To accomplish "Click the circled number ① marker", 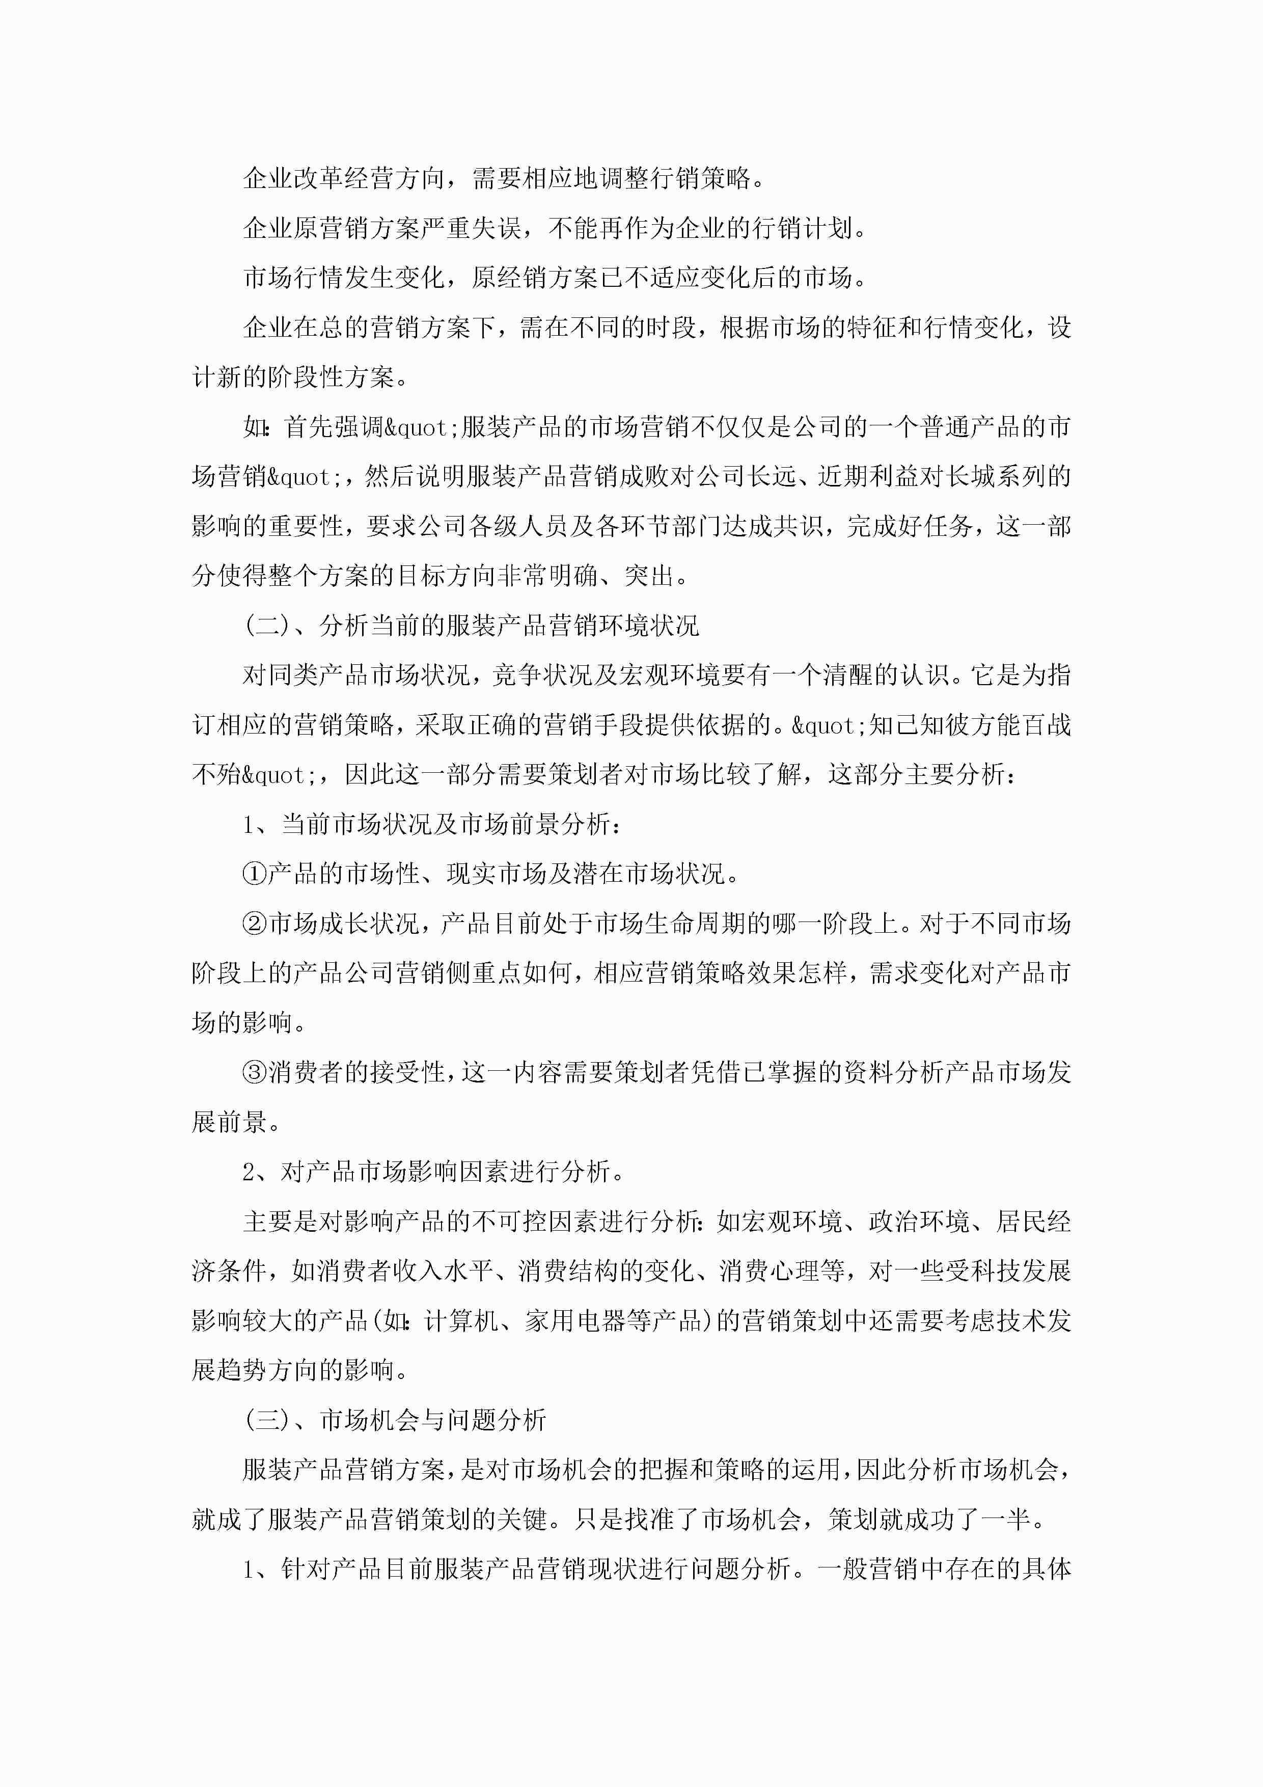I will pos(255,874).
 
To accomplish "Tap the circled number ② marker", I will pos(255,924).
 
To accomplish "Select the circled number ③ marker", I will pos(255,1072).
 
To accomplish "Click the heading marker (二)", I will pos(267,626).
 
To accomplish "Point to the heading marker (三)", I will pos(267,1420).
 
